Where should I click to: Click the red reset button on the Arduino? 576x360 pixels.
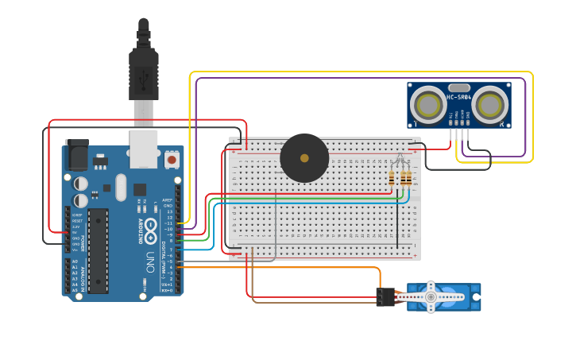click(x=171, y=160)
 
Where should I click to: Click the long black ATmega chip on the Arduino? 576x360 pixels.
click(x=98, y=250)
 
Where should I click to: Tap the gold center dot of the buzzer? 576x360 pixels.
click(x=304, y=158)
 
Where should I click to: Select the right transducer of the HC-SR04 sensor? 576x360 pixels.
click(x=489, y=104)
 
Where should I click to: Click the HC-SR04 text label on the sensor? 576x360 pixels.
click(x=459, y=97)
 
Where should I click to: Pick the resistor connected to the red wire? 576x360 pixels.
click(x=392, y=179)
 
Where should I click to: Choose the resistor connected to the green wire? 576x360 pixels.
click(x=402, y=179)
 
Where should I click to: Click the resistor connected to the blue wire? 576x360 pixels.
click(x=408, y=179)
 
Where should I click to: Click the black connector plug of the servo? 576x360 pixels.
click(x=385, y=297)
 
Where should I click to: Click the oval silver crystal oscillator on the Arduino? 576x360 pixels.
click(x=120, y=188)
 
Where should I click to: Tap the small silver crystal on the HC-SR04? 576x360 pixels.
click(x=459, y=87)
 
